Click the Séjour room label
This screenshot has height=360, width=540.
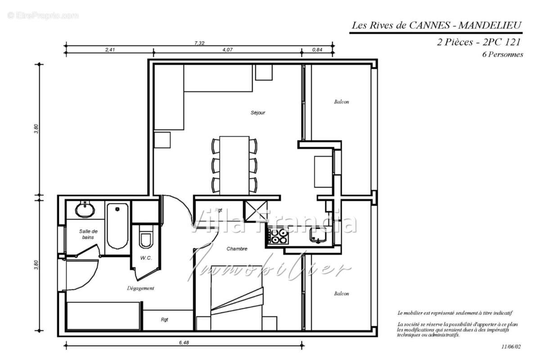(x=258, y=112)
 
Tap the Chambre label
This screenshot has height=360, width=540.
(x=237, y=249)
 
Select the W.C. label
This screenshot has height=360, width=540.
(x=145, y=258)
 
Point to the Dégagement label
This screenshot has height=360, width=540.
(x=140, y=288)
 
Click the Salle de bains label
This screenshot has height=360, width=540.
(x=88, y=234)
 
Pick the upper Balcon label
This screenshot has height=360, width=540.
(x=341, y=102)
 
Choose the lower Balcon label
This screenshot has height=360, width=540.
(x=341, y=294)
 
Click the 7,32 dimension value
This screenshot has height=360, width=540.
(x=199, y=43)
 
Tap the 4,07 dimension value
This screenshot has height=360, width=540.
(x=227, y=50)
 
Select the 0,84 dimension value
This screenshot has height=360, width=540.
(x=317, y=50)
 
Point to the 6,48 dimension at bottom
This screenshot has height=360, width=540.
(x=184, y=343)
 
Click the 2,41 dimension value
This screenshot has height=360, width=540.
(x=110, y=50)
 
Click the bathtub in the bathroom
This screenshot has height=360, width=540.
(x=117, y=227)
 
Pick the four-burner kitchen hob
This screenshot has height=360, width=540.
(x=278, y=236)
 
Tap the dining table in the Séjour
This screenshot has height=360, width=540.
(x=234, y=165)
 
